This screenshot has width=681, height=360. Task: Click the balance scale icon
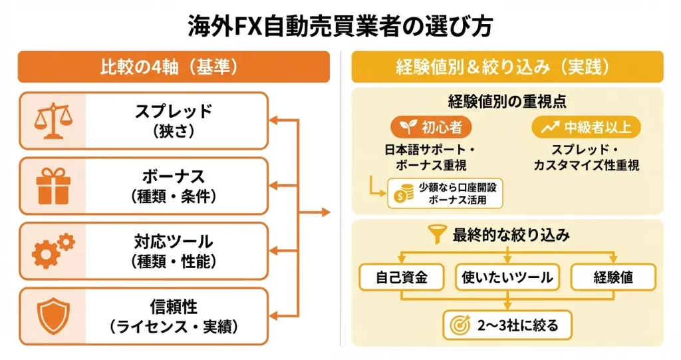pos(53,120)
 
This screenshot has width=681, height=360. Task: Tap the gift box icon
pos(53,186)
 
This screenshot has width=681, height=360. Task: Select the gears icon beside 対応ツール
pos(53,251)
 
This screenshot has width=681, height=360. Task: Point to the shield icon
pos(53,316)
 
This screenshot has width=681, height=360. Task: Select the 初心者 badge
pos(431,126)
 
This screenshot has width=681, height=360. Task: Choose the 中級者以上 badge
pos(586,126)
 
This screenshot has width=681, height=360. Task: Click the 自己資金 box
pos(402,277)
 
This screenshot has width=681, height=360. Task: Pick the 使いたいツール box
pos(507,277)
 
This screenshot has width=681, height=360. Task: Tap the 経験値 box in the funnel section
pos(613,277)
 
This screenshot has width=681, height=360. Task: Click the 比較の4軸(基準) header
pos(174,67)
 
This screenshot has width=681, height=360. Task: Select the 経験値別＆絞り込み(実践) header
pos(507,67)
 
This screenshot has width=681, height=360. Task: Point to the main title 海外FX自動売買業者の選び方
pos(340,26)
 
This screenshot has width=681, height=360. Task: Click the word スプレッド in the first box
pos(174,112)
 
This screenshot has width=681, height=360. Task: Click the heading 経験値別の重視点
pos(507,102)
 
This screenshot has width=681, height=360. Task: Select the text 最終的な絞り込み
pos(511,235)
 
